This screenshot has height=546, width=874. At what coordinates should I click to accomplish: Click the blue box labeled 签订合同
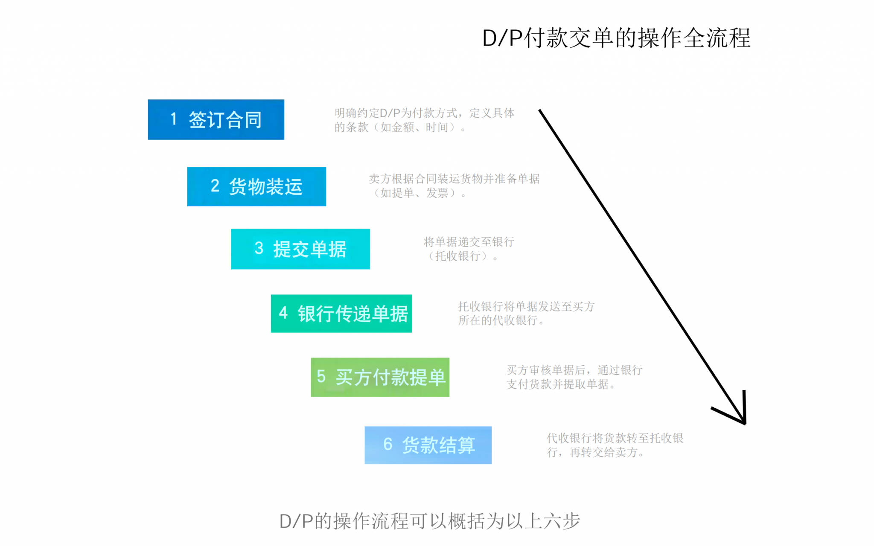click(216, 120)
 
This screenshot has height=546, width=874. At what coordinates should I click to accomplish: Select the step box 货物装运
click(256, 187)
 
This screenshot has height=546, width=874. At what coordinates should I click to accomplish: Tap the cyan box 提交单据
click(300, 249)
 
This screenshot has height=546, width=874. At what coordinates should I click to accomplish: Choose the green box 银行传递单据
click(341, 314)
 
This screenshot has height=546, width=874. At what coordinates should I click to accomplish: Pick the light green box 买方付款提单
click(380, 377)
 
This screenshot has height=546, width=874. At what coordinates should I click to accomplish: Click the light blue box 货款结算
click(428, 445)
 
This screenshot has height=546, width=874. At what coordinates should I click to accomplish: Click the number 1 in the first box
click(174, 119)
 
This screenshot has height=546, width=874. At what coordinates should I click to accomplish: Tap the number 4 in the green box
click(283, 313)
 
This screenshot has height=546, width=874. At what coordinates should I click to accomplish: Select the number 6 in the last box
click(387, 444)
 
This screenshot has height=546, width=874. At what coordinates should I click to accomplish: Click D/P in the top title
click(502, 38)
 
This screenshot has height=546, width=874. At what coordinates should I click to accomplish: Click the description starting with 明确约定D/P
click(424, 120)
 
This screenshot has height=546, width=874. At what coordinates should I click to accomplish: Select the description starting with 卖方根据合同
click(454, 186)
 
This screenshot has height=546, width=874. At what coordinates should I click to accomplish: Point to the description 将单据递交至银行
click(469, 249)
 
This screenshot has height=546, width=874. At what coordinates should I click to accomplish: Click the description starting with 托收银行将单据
click(526, 313)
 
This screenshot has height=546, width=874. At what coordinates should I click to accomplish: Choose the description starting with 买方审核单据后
click(574, 377)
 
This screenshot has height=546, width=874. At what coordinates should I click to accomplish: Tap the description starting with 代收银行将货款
click(615, 445)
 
